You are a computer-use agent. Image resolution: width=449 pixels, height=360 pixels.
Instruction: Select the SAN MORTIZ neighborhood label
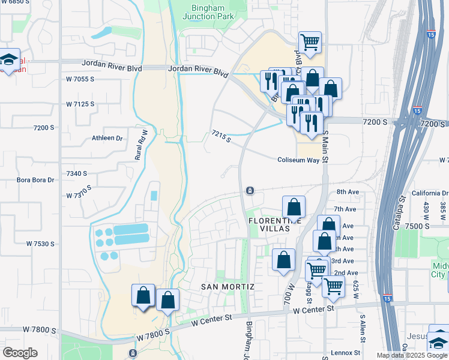pyautogui.click(x=228, y=287)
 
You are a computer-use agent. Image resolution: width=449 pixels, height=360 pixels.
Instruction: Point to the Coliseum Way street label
pyautogui.click(x=298, y=160)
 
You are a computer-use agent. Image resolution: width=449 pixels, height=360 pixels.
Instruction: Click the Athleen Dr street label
pyautogui.click(x=107, y=138)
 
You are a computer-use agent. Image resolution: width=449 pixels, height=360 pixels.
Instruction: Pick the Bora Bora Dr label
pyautogui.click(x=35, y=180)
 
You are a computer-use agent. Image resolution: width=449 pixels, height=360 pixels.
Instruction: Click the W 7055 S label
pyautogui.click(x=80, y=79)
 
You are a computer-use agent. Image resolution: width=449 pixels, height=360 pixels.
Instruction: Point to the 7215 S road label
pyautogui.click(x=221, y=137)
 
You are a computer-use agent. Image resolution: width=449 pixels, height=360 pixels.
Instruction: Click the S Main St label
pyautogui.click(x=326, y=147)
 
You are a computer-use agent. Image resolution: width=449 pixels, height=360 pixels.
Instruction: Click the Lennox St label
pyautogui.click(x=345, y=353)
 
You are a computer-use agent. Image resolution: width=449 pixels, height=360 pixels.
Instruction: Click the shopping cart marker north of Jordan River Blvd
pyautogui.click(x=310, y=43)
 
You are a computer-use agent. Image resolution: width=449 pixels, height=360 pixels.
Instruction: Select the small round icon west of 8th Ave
pyautogui.click(x=250, y=191)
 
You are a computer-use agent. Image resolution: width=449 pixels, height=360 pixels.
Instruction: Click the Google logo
pyautogui.click(x=20, y=353)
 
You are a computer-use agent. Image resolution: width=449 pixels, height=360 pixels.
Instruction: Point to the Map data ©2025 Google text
pyautogui.click(x=412, y=355)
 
